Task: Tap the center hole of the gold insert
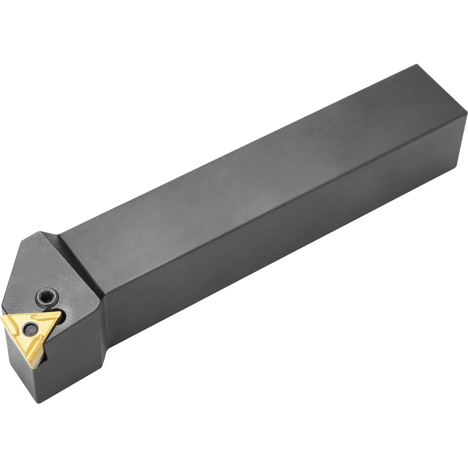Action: click(x=31, y=328)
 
